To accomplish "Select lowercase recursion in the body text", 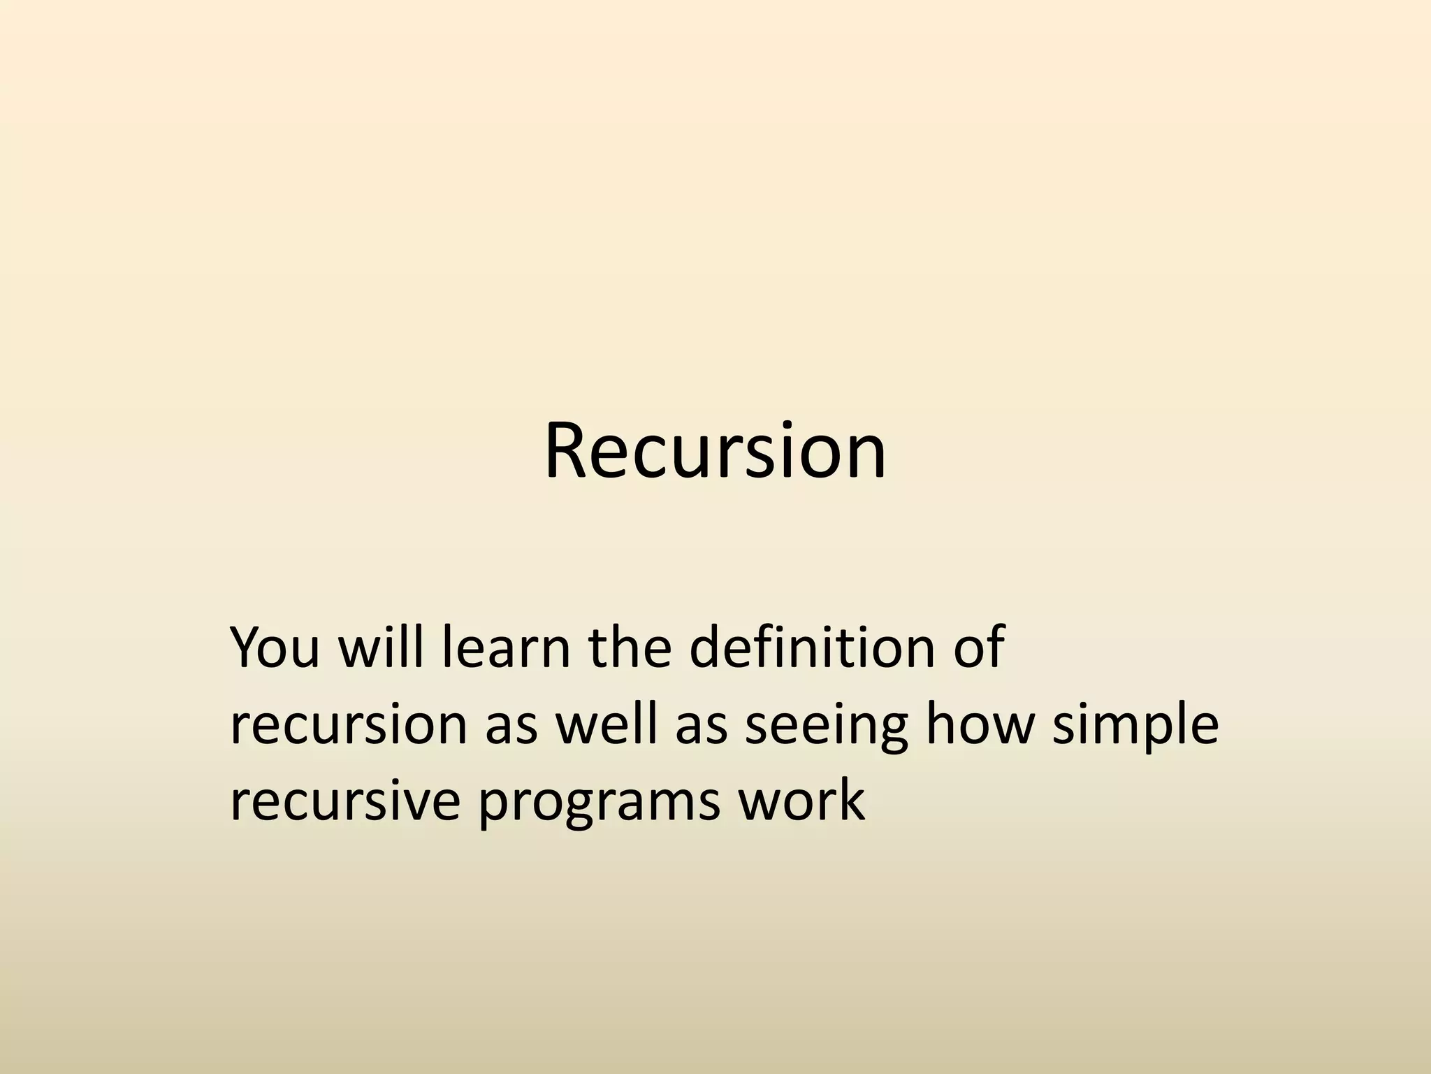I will pos(348,724).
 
